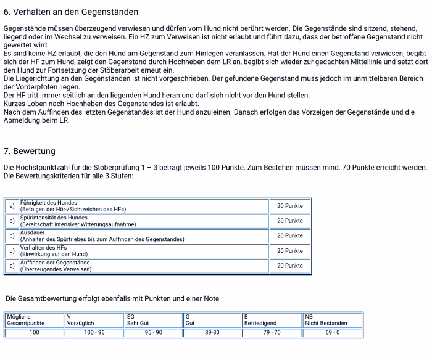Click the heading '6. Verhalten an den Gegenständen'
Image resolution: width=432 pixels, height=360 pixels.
coord(71,12)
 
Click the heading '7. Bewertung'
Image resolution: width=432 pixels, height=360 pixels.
coord(30,151)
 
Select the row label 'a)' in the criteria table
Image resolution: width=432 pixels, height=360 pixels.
coord(11,206)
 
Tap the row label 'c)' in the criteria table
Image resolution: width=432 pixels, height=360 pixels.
coord(11,235)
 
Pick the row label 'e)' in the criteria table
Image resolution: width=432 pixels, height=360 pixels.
coord(11,266)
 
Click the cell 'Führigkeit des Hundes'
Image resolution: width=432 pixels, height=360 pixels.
coord(143,206)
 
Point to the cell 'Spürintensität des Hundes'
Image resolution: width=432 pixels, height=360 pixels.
coord(143,221)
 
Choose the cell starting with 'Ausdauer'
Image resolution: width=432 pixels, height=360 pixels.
coord(143,235)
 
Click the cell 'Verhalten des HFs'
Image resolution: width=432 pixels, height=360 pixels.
coord(143,251)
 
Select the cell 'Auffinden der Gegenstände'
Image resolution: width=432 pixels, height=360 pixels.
coord(143,266)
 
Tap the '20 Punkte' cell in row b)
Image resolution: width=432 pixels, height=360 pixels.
coord(289,221)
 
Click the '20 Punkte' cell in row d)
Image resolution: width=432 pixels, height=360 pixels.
coord(289,251)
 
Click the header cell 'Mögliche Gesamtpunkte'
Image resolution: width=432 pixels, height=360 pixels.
coord(34,319)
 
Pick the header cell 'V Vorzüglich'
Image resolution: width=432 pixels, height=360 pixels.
coord(93,319)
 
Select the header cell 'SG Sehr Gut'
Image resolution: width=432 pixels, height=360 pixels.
coord(153,319)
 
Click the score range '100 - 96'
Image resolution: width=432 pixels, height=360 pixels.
coord(93,333)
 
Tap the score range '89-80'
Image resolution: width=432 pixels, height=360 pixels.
coord(212,333)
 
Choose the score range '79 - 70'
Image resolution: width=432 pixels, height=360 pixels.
coord(272,333)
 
